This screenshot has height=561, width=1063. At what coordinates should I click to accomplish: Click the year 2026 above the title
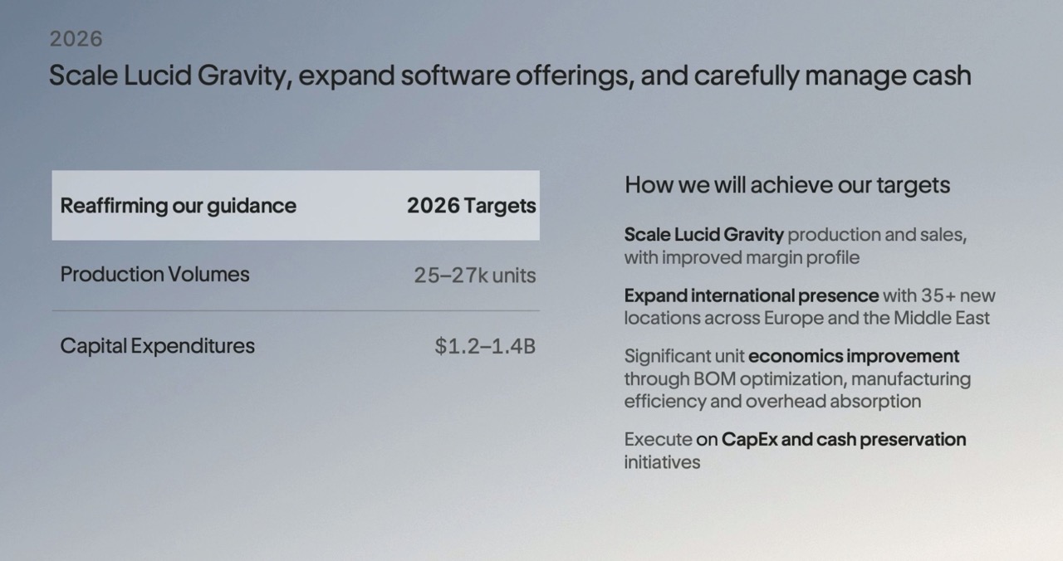coord(76,39)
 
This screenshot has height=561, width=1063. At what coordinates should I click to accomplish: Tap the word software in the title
coord(455,76)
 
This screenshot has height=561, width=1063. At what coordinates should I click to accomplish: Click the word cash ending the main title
coord(942,76)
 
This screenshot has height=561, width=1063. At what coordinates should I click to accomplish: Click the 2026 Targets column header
coord(471,206)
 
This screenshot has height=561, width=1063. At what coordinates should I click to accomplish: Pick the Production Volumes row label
coord(154,274)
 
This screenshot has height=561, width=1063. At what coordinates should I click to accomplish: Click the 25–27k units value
coord(474,275)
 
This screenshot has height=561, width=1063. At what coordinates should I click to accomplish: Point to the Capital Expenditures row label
coord(157,346)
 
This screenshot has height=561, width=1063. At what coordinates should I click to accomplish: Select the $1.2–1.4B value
coord(485,346)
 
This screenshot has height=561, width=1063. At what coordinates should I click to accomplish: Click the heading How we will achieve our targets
coord(786,184)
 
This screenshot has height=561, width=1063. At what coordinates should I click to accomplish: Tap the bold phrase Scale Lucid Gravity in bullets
coord(703,235)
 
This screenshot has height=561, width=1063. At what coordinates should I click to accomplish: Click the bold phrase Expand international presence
coord(752,295)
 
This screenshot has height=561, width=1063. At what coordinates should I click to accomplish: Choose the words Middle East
coord(942,318)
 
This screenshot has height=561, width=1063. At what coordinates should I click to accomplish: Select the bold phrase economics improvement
coord(853,356)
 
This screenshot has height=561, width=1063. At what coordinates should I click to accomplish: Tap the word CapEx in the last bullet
coord(749,440)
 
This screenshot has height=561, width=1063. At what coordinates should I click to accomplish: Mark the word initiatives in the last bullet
coord(662,462)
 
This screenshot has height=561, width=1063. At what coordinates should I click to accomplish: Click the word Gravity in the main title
coord(245,76)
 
